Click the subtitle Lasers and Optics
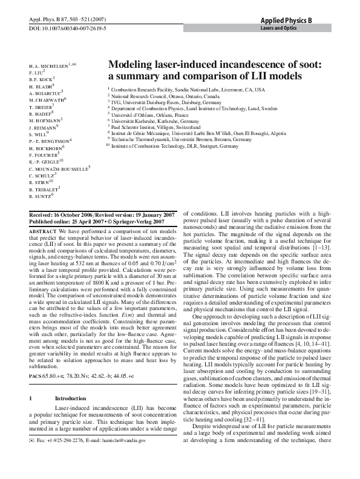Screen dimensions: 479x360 coord(278,28)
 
